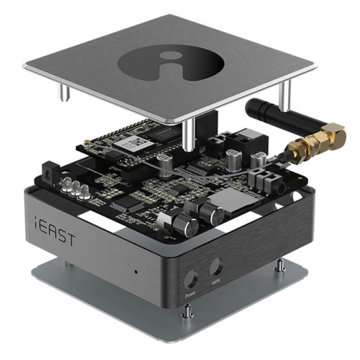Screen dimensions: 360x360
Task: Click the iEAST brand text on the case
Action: (x=55, y=230)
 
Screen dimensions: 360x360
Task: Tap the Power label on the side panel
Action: (x=190, y=294)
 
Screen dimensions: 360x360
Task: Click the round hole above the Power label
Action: (x=191, y=279)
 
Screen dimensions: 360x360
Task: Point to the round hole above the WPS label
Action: (x=216, y=267)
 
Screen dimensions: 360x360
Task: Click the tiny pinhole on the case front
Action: (x=136, y=272)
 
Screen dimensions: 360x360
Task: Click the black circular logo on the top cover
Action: (x=171, y=62)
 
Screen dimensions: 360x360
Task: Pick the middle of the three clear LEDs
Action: (x=75, y=188)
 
